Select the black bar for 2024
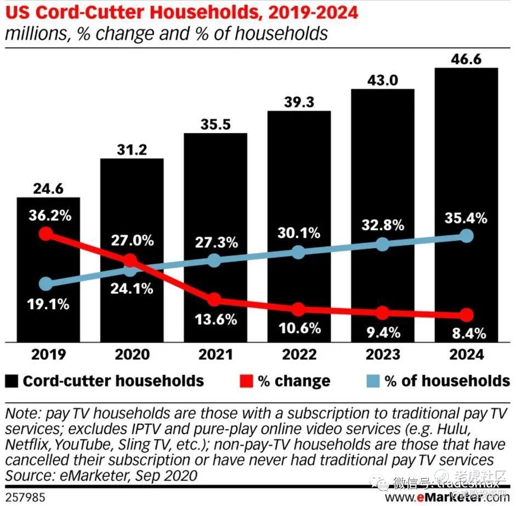[x=466, y=164]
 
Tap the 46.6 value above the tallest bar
[x=466, y=59]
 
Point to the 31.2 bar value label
[x=132, y=149]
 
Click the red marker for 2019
[x=47, y=234]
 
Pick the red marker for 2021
[x=214, y=299]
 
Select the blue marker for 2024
[x=466, y=236]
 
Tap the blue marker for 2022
[x=298, y=252]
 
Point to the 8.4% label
[x=466, y=333]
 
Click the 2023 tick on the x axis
[x=382, y=354]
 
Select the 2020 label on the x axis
[x=132, y=354]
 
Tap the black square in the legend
[x=12, y=381]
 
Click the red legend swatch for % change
[x=246, y=381]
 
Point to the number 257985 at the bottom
[x=22, y=498]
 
